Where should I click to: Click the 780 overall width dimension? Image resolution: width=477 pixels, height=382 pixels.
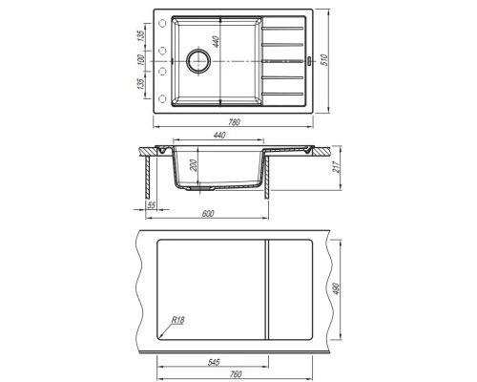click(235, 122)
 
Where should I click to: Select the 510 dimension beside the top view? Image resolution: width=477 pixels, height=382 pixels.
click(324, 60)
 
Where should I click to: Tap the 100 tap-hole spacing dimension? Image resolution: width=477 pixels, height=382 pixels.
click(140, 60)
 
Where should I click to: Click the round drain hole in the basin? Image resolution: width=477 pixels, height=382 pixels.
click(198, 60)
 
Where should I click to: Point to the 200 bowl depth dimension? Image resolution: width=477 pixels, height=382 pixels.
click(194, 165)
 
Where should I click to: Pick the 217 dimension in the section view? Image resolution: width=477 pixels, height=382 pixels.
click(336, 167)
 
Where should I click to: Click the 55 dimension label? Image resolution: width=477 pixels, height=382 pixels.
click(152, 205)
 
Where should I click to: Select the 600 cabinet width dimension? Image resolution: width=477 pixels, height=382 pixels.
click(208, 213)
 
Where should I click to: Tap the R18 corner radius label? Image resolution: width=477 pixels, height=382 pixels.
click(177, 320)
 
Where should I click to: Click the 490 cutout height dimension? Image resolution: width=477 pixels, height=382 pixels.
click(337, 288)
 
